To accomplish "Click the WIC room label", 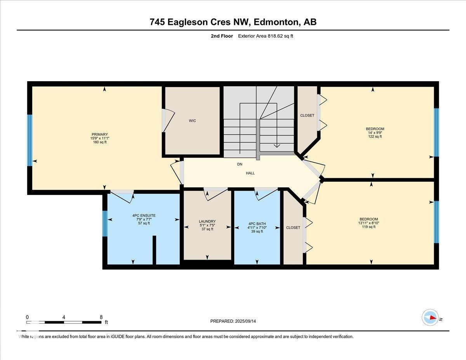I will pos(192,121).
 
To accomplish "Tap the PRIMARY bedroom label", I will pos(99,134).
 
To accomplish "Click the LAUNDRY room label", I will pos(207,221).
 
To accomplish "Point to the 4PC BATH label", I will pos(256,223).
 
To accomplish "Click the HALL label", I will pos(250,173).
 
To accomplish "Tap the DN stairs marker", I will pos(240,164).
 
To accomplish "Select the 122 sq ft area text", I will pos(375,136).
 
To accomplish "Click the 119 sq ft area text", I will pos(369,227).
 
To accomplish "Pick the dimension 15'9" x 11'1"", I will pos(99,138).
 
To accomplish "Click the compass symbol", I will pos(430,318).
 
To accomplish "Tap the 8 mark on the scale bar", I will pos(101,317).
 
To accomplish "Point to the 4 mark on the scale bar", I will pos(64,317).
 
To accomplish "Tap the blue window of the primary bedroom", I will pos(30,140).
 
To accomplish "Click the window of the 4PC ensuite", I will pos(104,223).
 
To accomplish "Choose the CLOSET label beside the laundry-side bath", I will pos(293,228).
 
